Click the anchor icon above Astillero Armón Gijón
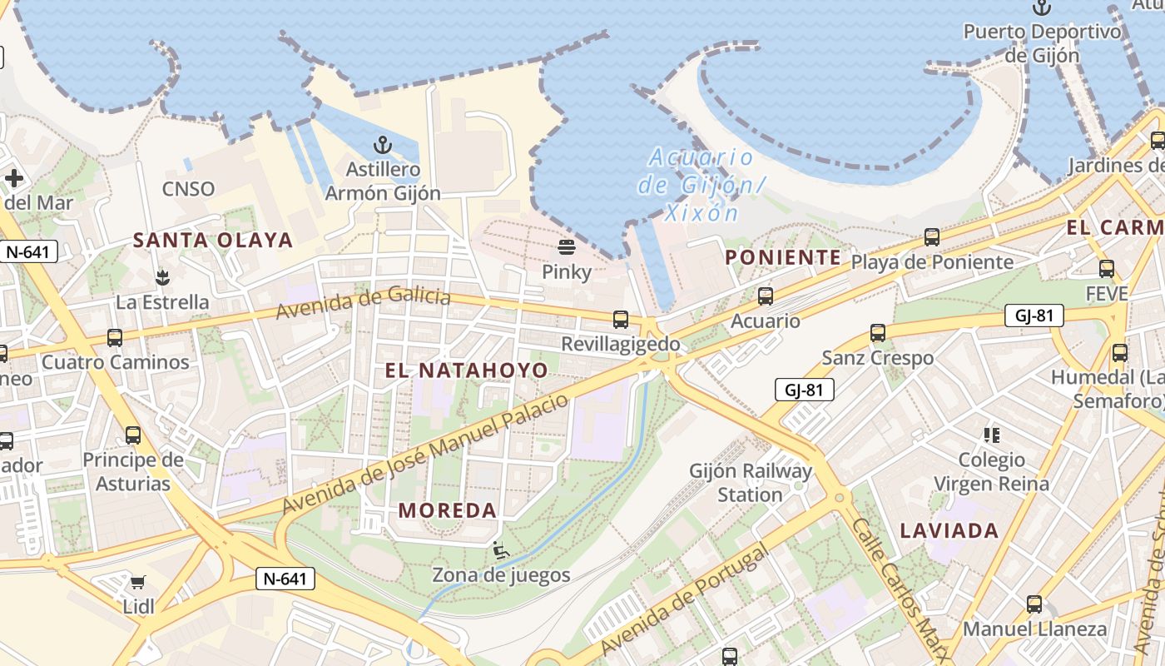(x=382, y=145)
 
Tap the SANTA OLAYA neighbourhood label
(x=213, y=241)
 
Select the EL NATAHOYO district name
(x=467, y=370)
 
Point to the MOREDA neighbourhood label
(x=448, y=509)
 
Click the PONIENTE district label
(x=783, y=257)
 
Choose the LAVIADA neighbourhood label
(x=949, y=530)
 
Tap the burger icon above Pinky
(x=567, y=246)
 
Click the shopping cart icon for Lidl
(x=138, y=582)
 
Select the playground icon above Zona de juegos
(x=501, y=550)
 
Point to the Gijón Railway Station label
(x=751, y=483)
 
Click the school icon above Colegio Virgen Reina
(x=991, y=435)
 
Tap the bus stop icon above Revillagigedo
(x=621, y=319)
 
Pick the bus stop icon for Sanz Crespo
(x=878, y=333)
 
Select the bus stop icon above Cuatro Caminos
(x=115, y=338)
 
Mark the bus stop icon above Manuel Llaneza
(x=1034, y=604)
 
